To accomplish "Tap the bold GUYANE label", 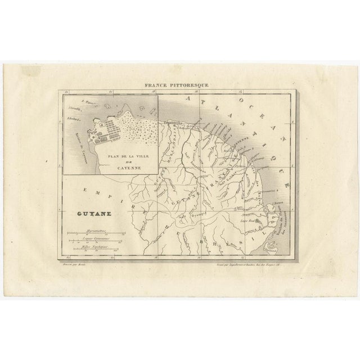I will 92,214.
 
